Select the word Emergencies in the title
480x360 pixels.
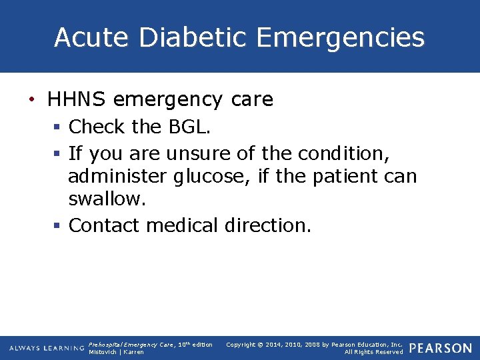tap(340, 39)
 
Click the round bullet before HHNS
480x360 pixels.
tap(32, 100)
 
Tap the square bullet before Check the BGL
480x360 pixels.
tap(57, 127)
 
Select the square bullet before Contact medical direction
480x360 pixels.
tap(57, 226)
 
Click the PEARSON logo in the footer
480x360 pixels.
tap(440, 348)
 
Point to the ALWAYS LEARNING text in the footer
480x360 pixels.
tap(47, 348)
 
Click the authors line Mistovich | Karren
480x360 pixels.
tap(116, 352)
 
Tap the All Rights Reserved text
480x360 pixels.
tap(373, 352)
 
